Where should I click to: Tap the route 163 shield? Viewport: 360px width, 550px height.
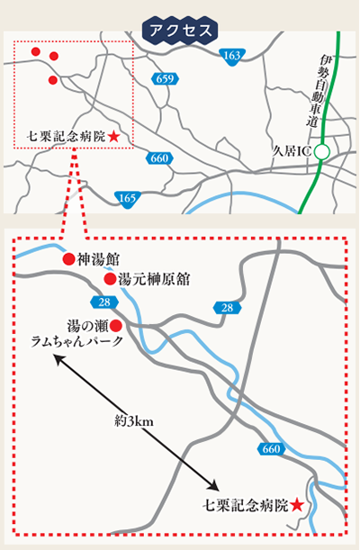[x=231, y=56]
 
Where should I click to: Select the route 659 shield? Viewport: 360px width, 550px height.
[x=164, y=79]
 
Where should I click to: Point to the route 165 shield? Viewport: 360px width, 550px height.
[x=127, y=198]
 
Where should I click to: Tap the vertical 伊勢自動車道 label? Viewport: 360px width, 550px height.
[x=324, y=90]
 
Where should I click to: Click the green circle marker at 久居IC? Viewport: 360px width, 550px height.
[x=321, y=150]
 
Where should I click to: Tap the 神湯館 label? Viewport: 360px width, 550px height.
[x=96, y=259]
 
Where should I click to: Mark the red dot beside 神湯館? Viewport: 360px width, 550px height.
[x=67, y=259]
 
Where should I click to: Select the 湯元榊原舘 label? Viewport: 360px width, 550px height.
[x=154, y=279]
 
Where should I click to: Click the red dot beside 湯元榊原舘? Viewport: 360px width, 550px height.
[x=110, y=279]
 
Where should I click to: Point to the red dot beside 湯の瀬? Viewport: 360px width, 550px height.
[x=115, y=324]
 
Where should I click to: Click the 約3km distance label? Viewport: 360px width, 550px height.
[x=133, y=420]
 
